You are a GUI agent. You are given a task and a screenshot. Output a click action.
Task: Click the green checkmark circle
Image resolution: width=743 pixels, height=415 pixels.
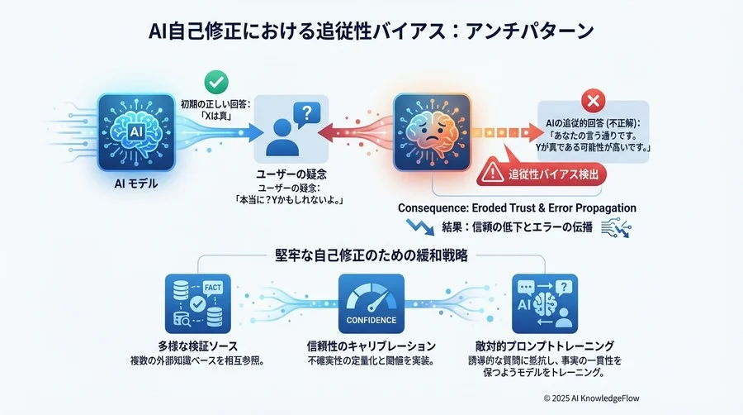pos(216,82)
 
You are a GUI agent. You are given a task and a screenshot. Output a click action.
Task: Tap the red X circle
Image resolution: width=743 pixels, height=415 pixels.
pos(593,101)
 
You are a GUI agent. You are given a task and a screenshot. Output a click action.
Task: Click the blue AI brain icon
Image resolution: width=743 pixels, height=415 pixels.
pos(136,132)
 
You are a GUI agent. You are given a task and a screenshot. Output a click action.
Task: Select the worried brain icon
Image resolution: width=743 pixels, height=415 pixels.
pos(432,132)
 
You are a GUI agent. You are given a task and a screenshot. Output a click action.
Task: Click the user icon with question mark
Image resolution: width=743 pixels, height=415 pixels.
pos(291,129)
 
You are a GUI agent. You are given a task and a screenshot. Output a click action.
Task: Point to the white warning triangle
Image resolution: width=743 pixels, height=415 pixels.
pos(492,172)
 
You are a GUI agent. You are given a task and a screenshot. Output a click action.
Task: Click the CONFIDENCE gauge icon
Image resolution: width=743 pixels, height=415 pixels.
pos(371,303)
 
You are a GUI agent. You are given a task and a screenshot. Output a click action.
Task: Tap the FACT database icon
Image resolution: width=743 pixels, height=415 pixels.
pos(198,303)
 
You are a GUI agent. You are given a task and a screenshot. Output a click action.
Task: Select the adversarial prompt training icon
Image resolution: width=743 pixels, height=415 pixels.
pos(545,303)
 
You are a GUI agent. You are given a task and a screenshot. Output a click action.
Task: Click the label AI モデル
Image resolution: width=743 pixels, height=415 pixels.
pos(136,184)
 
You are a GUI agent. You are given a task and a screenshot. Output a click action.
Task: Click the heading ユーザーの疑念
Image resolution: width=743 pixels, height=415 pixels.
pos(291,174)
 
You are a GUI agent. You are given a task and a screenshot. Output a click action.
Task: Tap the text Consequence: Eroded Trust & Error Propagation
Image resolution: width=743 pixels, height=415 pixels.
pos(517,208)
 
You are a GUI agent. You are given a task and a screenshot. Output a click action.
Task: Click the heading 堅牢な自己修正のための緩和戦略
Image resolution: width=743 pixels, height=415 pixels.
pos(371,255)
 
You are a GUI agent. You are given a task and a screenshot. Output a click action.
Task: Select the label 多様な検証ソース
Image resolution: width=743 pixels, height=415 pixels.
pos(197,346)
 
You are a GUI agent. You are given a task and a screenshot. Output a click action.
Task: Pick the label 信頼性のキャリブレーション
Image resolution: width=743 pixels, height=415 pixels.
pos(371,346)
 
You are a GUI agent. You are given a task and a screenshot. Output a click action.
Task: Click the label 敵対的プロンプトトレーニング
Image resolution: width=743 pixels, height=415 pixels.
pos(545,346)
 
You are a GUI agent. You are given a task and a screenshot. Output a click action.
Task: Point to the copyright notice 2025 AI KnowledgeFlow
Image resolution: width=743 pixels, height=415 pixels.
pos(591,398)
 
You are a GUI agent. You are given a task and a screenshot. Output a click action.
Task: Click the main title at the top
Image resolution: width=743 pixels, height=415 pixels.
pos(371,31)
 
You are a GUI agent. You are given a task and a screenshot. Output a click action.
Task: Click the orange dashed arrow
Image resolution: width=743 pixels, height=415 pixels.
pos(508,133)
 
